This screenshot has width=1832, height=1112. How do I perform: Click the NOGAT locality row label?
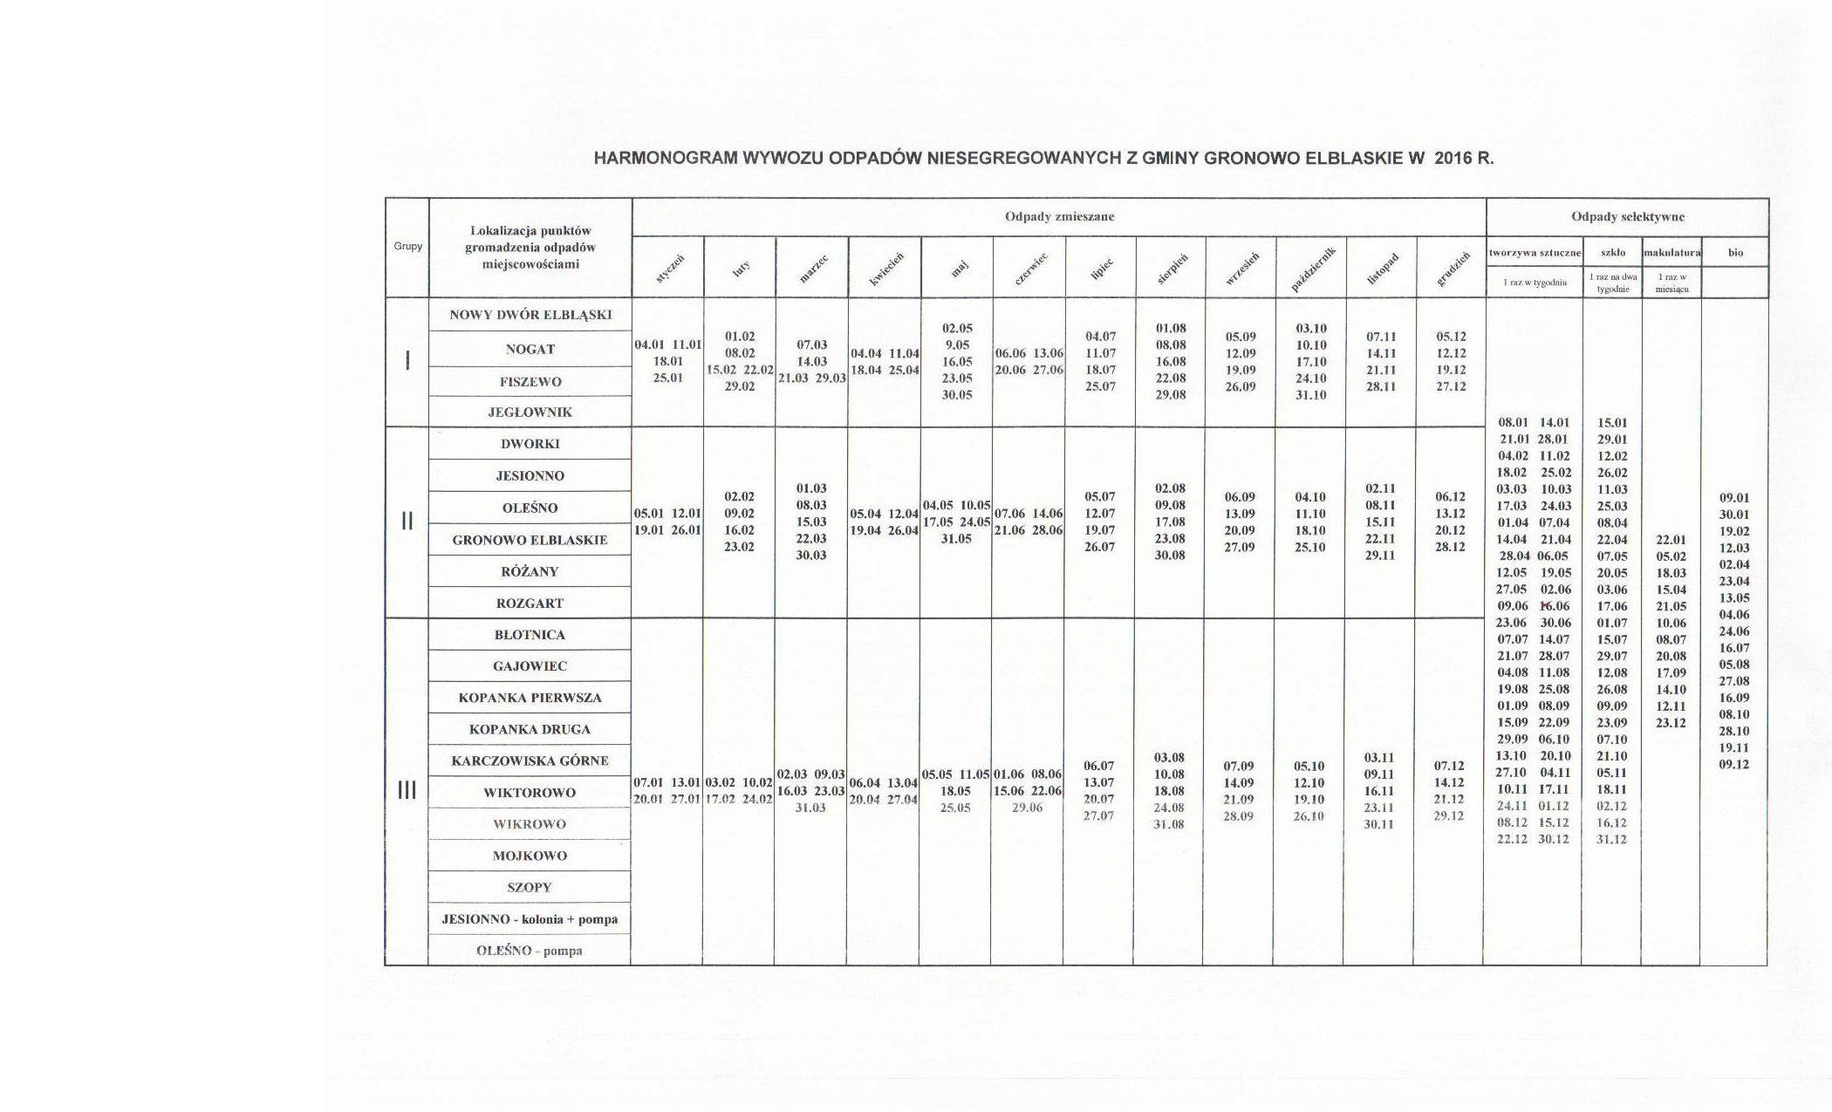pyautogui.click(x=530, y=349)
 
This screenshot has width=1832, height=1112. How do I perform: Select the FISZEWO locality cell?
pyautogui.click(x=530, y=382)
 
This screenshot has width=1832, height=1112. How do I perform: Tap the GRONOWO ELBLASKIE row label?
pyautogui.click(x=530, y=540)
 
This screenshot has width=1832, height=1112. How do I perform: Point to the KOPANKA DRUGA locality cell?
pyautogui.click(x=530, y=729)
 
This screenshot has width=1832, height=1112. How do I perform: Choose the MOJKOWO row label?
pyautogui.click(x=530, y=856)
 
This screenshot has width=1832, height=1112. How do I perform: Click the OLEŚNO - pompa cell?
pyautogui.click(x=530, y=951)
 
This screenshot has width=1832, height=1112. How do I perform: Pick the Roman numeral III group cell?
pyautogui.click(x=407, y=790)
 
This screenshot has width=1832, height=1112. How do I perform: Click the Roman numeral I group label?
pyautogui.click(x=407, y=360)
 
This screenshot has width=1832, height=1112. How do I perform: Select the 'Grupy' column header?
pyautogui.click(x=407, y=247)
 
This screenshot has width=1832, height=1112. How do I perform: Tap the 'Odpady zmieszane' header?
pyautogui.click(x=1059, y=216)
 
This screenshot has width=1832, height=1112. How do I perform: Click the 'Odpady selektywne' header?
pyautogui.click(x=1627, y=216)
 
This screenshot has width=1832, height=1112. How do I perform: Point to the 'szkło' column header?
pyautogui.click(x=1612, y=253)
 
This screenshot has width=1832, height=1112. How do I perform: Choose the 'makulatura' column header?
pyautogui.click(x=1671, y=253)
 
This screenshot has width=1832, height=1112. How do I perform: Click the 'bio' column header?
pyautogui.click(x=1735, y=253)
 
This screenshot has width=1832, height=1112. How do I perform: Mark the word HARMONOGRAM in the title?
pyautogui.click(x=666, y=159)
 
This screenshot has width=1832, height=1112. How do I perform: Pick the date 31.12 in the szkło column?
pyautogui.click(x=1611, y=839)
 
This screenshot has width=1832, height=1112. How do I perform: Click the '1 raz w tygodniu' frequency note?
pyautogui.click(x=1535, y=283)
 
